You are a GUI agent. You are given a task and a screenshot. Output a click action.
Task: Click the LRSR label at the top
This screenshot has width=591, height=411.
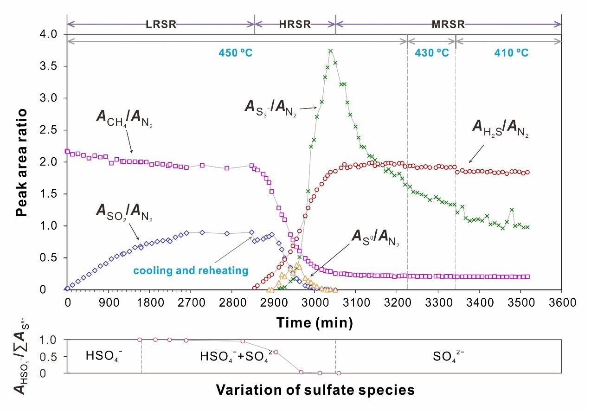161,24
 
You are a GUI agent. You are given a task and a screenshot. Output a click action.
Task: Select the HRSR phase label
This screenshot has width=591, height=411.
295,24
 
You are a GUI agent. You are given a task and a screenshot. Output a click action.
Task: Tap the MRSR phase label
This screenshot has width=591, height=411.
448,24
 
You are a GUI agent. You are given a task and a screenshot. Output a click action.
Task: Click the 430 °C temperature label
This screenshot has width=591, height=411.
431,52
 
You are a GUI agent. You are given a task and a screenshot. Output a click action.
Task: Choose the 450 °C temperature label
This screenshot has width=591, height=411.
235,52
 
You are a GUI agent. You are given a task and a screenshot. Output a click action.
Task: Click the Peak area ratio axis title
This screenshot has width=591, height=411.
21,162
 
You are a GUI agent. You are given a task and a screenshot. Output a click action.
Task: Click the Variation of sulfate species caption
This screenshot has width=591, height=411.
315,390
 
